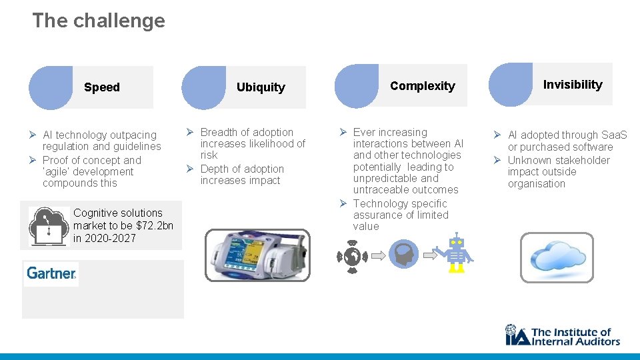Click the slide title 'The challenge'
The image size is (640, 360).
(x=99, y=21)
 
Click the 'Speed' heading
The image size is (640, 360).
(x=102, y=87)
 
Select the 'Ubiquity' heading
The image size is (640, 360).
(x=261, y=87)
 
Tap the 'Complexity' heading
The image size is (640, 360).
(x=423, y=86)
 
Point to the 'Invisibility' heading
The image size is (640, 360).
(x=573, y=85)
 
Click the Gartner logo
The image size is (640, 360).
(x=51, y=273)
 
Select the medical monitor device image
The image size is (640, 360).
(x=257, y=255)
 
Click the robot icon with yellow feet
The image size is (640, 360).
(x=456, y=253)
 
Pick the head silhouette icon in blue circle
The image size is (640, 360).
(x=403, y=255)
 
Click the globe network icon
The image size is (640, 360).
(x=353, y=256)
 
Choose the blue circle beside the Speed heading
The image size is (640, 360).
(x=51, y=87)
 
